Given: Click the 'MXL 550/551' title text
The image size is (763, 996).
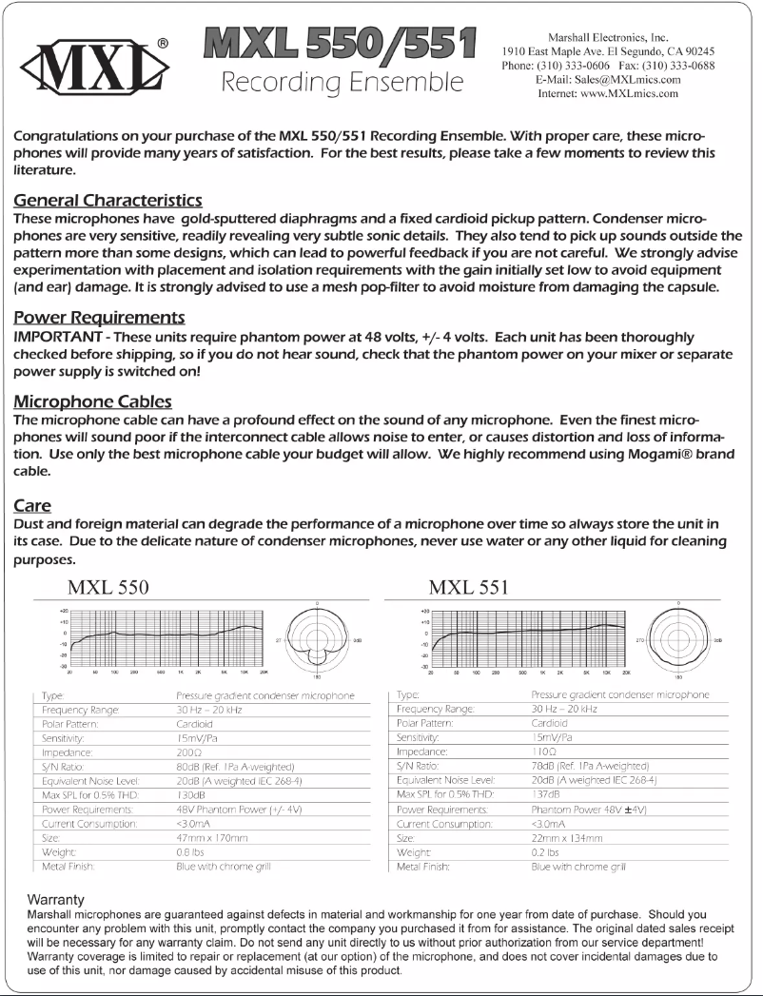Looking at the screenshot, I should pos(339,44).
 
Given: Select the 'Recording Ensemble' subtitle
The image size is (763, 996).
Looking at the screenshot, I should pos(342,82).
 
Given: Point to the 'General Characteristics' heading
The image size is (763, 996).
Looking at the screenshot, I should pos(108,201).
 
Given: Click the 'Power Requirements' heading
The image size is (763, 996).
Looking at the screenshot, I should pos(99,317).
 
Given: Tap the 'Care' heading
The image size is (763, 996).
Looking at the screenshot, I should pos(32,504).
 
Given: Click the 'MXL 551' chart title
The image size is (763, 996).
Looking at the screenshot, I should pos(468,586).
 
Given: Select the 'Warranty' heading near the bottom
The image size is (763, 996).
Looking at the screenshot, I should pos(56,898).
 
